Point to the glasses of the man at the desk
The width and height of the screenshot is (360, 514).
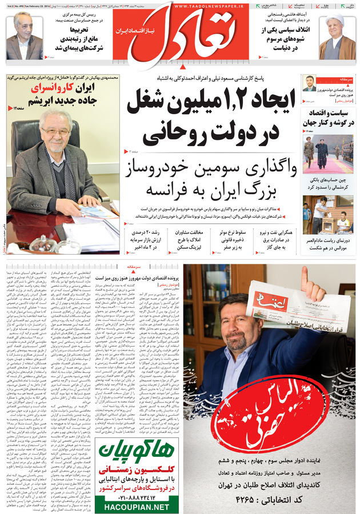point(56,132)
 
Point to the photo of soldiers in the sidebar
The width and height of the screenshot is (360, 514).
point(328,154)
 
